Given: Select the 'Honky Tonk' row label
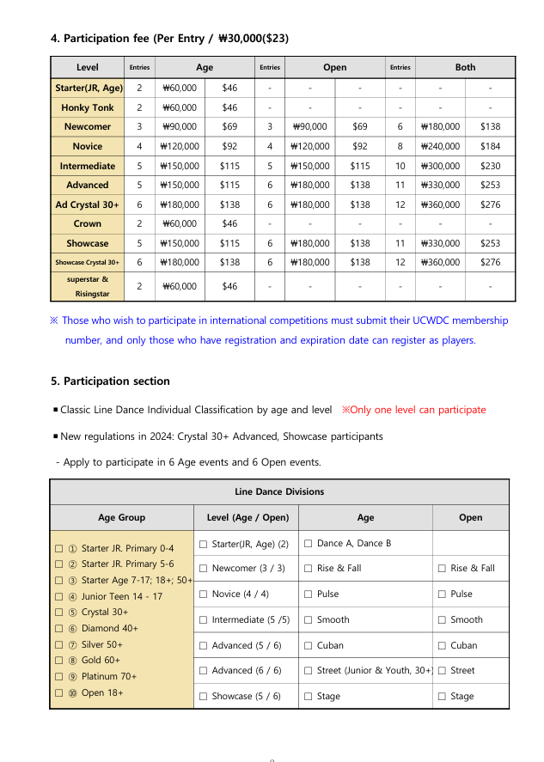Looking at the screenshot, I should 88,107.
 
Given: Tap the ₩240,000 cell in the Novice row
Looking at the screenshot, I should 440,146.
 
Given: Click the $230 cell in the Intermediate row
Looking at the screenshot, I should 490,166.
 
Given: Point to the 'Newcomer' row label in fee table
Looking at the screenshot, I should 88,126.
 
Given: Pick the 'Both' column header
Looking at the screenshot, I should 465,67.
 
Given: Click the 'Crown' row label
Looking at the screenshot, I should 88,223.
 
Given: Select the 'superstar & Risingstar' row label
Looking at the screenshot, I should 88,286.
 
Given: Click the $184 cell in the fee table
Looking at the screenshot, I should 490,146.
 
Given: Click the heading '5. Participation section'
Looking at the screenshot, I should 111,381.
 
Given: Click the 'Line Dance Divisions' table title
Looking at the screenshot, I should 279,492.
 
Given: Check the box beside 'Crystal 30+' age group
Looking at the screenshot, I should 58,613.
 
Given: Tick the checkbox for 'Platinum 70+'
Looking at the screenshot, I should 58,676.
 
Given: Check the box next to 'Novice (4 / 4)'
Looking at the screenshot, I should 203,594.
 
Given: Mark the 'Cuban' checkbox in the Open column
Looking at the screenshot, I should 442,645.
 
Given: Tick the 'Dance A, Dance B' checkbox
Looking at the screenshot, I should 309,544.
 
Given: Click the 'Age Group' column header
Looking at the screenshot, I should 122,517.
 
